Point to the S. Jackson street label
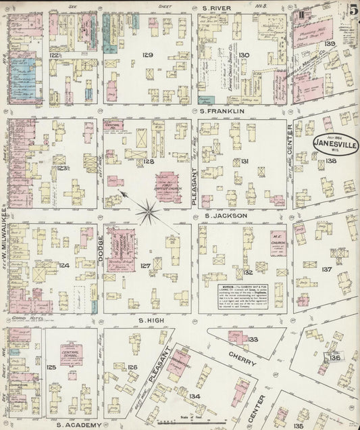pyautogui.click(x=225, y=216)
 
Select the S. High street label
pyautogui.click(x=153, y=319)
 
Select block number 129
pyautogui.click(x=148, y=55)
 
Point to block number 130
pyautogui.click(x=245, y=55)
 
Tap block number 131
pyautogui.click(x=245, y=161)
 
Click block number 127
pyautogui.click(x=145, y=266)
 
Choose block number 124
pyautogui.click(x=63, y=265)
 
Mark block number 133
pyautogui.click(x=253, y=339)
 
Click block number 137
pyautogui.click(x=327, y=269)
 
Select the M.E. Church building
pyautogui.click(x=277, y=242)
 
